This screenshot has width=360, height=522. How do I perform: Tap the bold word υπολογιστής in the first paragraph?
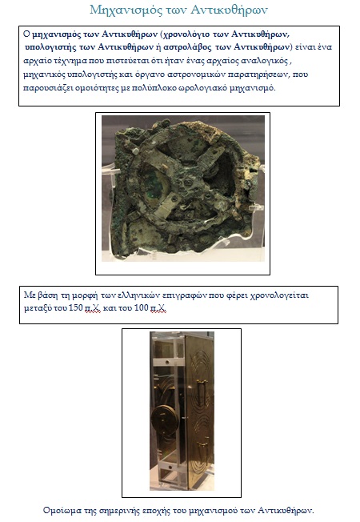[51, 47]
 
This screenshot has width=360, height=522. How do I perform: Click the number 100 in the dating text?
[141, 308]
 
